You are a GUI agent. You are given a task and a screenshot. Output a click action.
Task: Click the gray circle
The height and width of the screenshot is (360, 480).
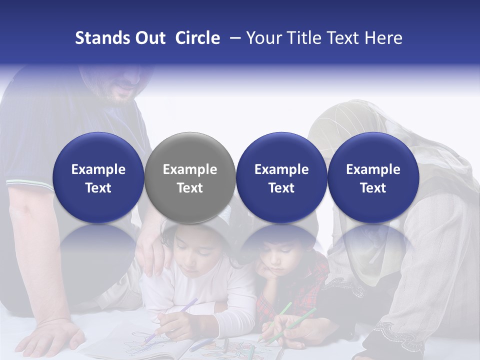pyautogui.click(x=190, y=178)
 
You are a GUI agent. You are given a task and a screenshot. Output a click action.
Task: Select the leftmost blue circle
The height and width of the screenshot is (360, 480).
pyautogui.click(x=98, y=178)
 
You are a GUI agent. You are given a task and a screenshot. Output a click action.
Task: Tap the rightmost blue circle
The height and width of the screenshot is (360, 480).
pyautogui.click(x=373, y=178)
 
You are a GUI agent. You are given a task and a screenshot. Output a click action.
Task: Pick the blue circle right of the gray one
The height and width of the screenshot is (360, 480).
pyautogui.click(x=281, y=178)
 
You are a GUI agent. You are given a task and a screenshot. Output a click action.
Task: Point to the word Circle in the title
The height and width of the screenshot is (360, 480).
pyautogui.click(x=197, y=38)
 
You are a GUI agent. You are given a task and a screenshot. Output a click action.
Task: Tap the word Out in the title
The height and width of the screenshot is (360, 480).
pyautogui.click(x=149, y=38)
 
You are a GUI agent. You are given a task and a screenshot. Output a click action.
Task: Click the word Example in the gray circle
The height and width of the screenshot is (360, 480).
pyautogui.click(x=190, y=169)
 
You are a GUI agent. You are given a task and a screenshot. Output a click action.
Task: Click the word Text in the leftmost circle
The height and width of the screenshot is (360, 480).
pyautogui.click(x=98, y=188)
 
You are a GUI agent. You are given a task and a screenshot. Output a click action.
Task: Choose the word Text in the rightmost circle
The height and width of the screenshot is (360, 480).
pyautogui.click(x=373, y=188)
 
